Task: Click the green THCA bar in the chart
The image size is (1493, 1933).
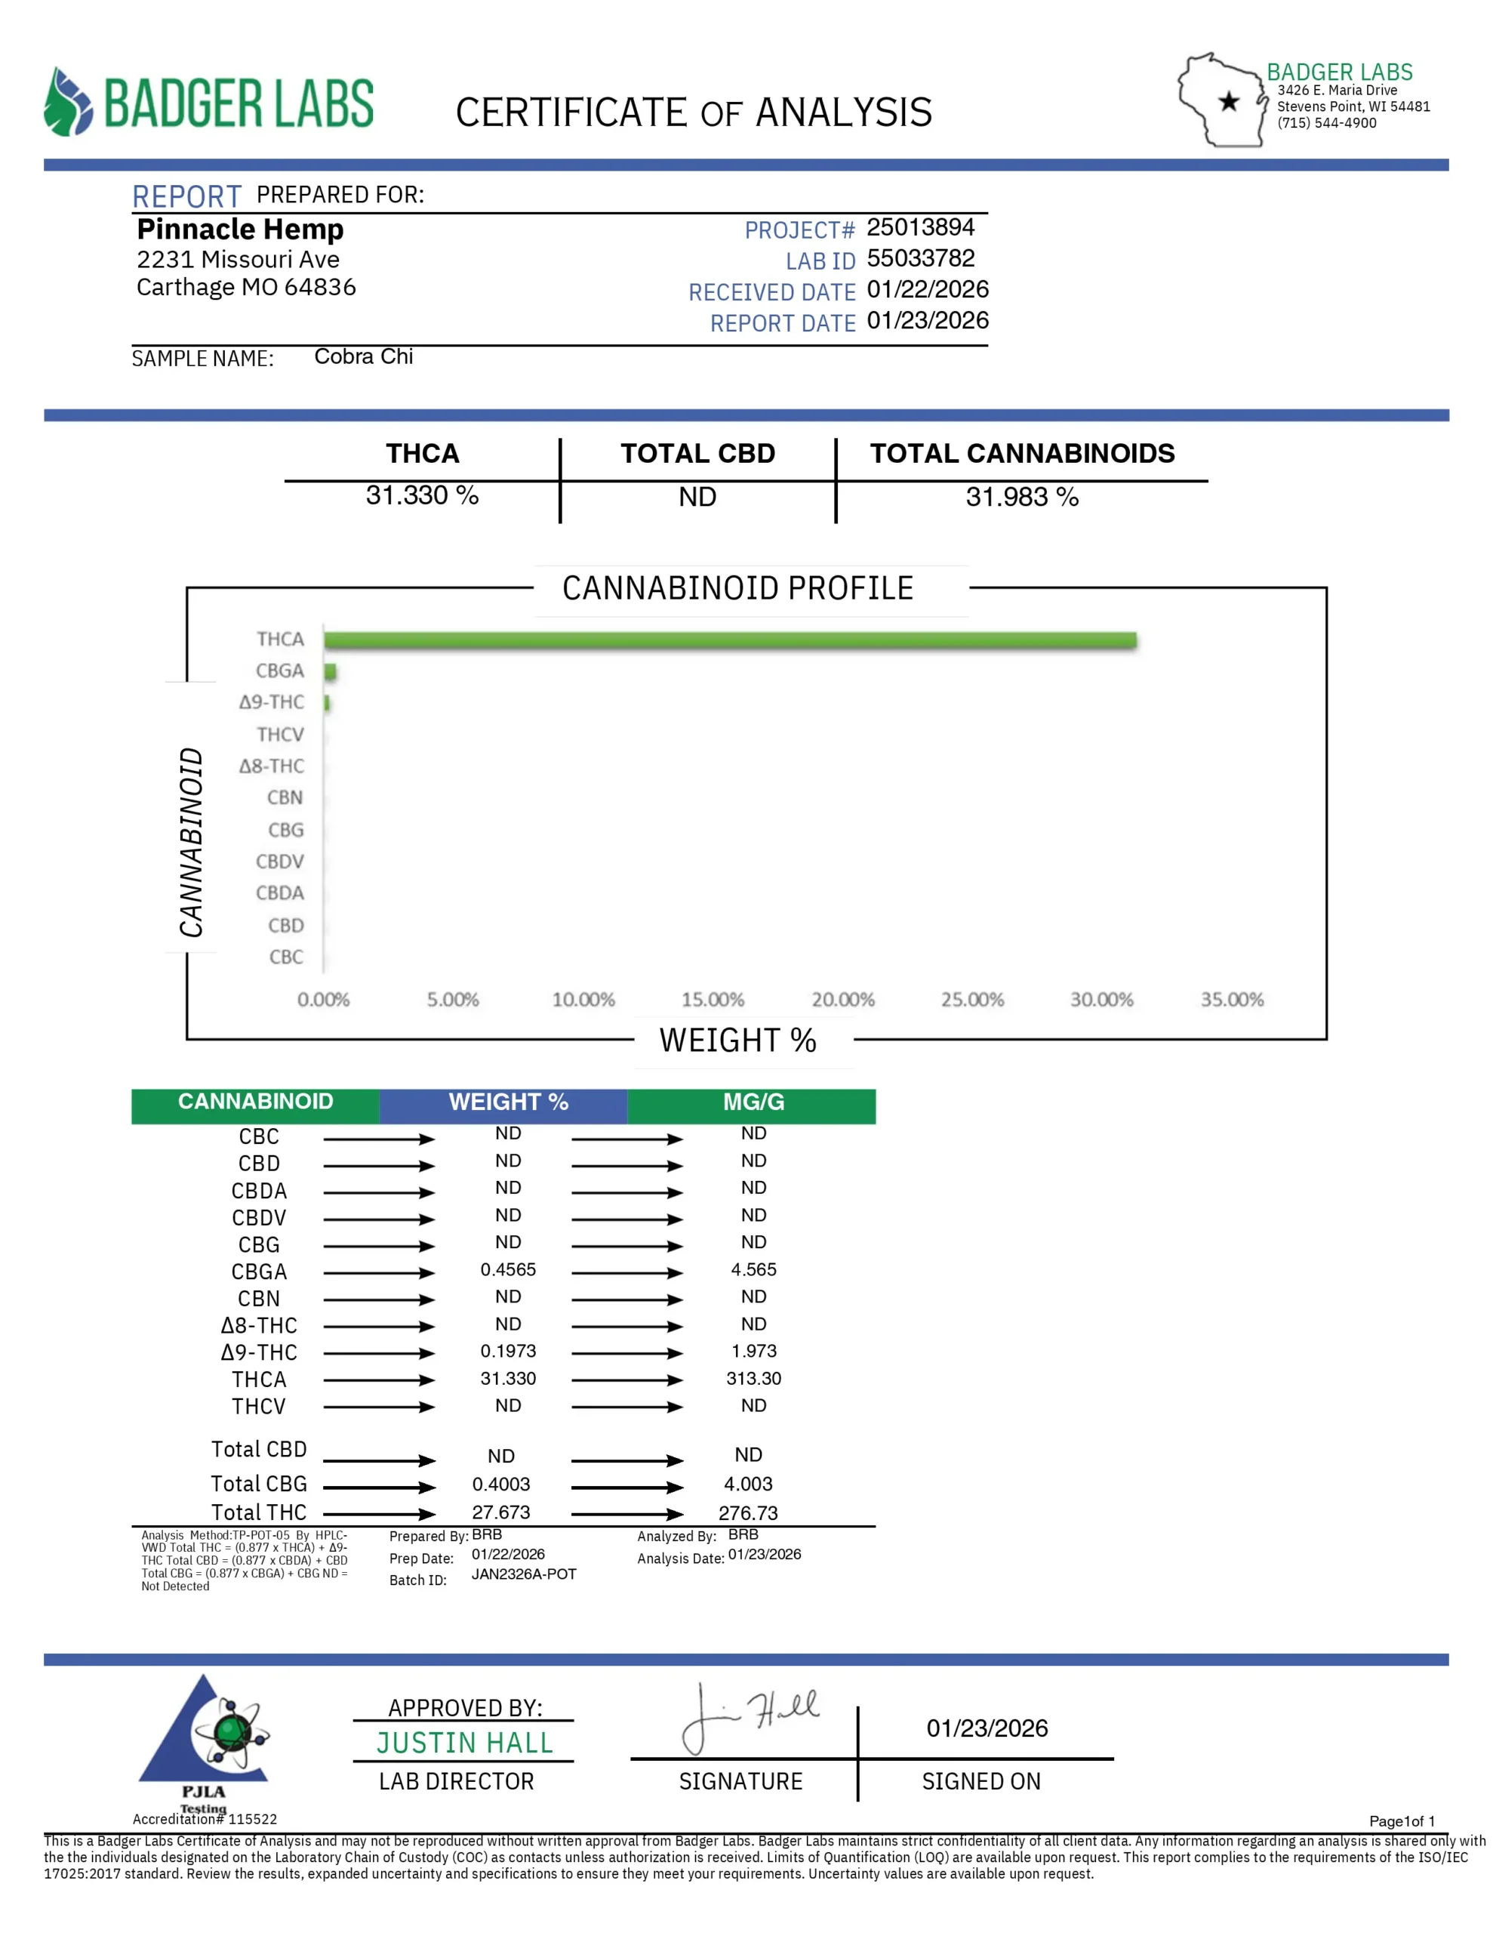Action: click(x=729, y=640)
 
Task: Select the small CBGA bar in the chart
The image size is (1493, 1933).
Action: click(x=330, y=672)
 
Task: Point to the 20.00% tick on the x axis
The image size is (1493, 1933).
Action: click(x=842, y=999)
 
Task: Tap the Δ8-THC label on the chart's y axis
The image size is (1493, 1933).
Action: click(x=271, y=766)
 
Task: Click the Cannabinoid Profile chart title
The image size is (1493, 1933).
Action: click(x=737, y=588)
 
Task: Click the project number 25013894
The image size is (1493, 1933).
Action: click(x=919, y=227)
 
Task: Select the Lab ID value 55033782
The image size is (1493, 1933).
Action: click(x=919, y=258)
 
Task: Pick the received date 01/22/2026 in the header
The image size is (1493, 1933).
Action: click(x=927, y=289)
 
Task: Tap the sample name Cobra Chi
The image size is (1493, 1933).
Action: click(x=363, y=356)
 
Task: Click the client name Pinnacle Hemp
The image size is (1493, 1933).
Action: click(x=240, y=230)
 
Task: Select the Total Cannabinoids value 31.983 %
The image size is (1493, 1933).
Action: click(x=1021, y=498)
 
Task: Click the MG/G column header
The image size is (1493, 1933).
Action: click(x=753, y=1102)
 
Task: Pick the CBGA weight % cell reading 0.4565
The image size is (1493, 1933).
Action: click(x=508, y=1269)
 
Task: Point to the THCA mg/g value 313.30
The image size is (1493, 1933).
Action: click(x=753, y=1378)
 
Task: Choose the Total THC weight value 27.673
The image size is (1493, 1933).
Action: click(x=501, y=1512)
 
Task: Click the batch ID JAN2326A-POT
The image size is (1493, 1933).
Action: click(x=523, y=1574)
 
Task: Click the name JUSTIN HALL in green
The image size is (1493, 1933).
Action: click(x=463, y=1743)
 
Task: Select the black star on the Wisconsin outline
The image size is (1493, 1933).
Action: click(x=1228, y=102)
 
